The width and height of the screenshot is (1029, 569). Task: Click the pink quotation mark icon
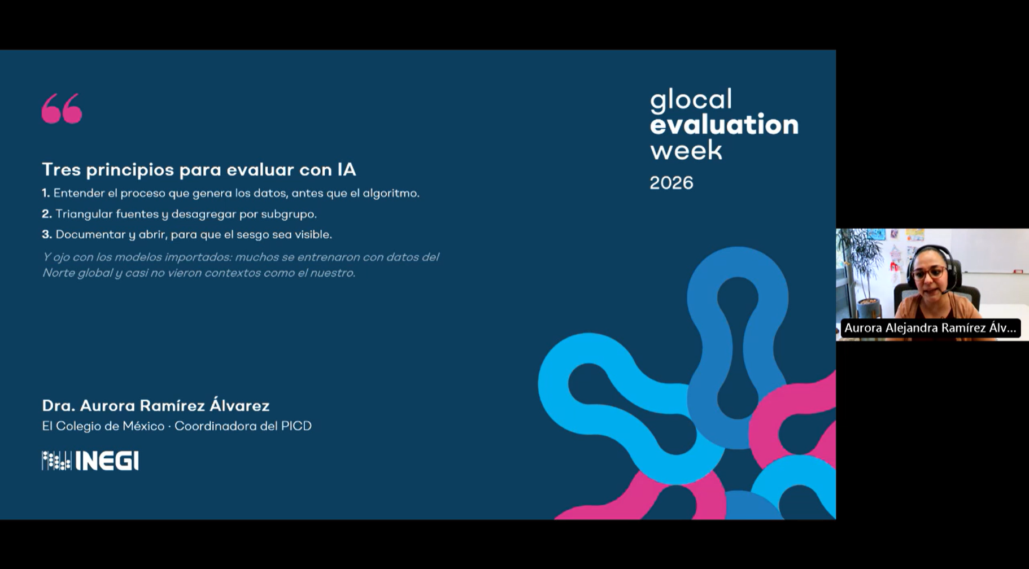62,108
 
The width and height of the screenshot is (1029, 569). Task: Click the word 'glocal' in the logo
691,100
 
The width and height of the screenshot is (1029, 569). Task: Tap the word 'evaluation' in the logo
724,125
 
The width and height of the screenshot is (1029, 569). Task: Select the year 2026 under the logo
671,183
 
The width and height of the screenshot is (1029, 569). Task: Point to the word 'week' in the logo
686,150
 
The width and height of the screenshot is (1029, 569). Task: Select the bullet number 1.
46,193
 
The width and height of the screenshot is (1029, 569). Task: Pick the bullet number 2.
47,214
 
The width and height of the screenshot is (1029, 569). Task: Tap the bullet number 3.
47,234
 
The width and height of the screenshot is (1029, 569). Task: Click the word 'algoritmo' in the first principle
390,194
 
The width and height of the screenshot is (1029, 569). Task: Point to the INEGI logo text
107,461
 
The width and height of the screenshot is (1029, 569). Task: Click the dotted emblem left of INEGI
56,461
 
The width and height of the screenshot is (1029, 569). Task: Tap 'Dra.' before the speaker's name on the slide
58,405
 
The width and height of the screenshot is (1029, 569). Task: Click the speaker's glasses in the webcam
928,273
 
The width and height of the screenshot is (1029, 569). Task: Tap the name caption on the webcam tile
930,328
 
